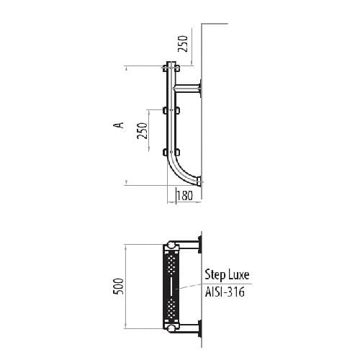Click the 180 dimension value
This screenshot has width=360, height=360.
pos(185,195)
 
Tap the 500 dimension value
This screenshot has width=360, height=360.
pos(118,286)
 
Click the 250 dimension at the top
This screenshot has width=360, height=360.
pos(183,43)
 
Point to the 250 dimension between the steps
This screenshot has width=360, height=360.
pos(142,130)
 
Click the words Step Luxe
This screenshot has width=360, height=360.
pos(227,274)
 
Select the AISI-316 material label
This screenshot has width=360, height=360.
pos(225,292)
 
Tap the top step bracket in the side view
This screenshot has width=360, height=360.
pos(171,68)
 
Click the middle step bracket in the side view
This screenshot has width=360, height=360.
pos(171,110)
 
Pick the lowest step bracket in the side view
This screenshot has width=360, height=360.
pos(171,152)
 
